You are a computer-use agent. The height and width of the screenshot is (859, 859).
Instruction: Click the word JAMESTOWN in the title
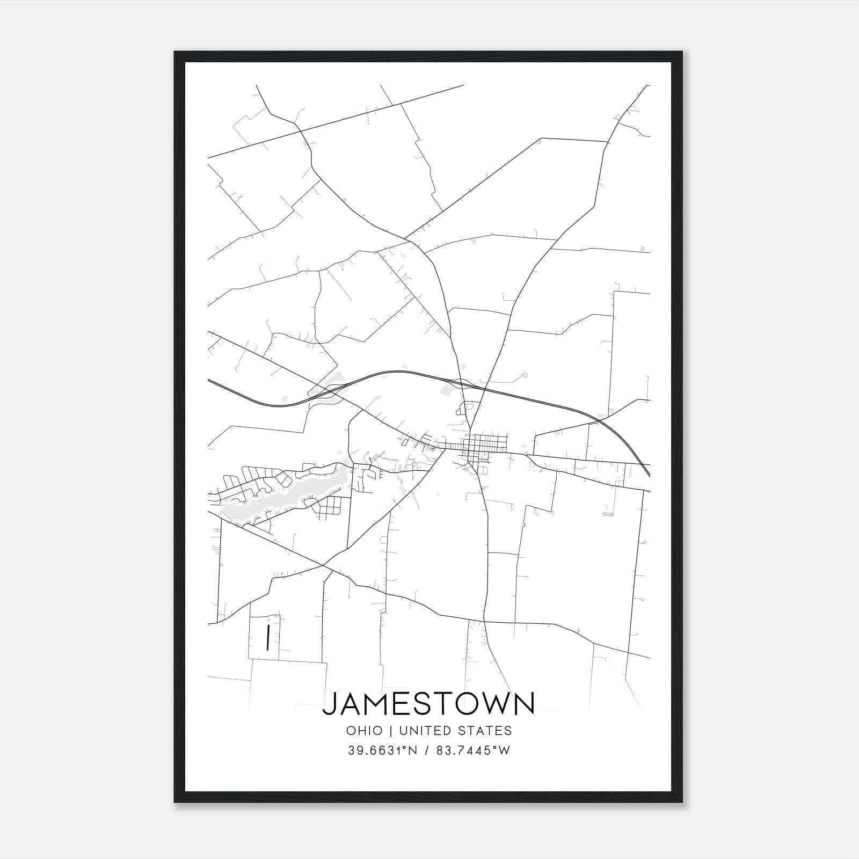(428, 704)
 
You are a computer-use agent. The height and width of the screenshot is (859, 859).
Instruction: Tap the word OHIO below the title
(365, 731)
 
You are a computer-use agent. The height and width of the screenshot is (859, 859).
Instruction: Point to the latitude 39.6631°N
(382, 751)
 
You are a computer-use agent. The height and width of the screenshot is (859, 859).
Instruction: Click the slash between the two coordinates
(426, 751)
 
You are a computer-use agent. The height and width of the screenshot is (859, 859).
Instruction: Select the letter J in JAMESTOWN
(329, 704)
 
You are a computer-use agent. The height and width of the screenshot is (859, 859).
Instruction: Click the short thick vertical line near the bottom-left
(267, 637)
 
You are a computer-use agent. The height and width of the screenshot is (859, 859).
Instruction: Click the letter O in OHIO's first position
(351, 731)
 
